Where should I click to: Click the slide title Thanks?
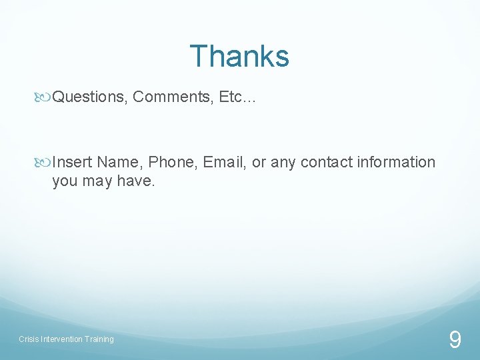[x=239, y=57]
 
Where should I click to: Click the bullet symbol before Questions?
[x=45, y=97]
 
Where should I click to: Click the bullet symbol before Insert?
[x=45, y=163]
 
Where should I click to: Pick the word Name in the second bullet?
[x=119, y=163]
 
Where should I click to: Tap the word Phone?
[x=173, y=163]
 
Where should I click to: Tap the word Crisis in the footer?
[x=29, y=339]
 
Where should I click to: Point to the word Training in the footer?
[x=99, y=339]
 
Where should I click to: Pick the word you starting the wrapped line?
[x=65, y=181]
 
